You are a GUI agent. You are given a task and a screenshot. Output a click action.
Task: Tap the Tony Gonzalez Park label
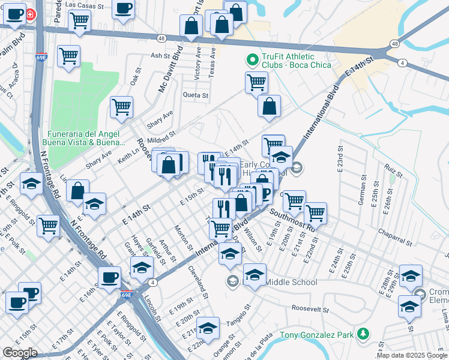(x=318, y=334)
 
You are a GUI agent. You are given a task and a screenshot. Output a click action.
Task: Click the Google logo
(x=20, y=353)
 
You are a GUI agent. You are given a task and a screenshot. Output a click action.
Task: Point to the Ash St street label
(x=161, y=55)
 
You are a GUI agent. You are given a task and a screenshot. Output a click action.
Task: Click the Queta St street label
(x=196, y=95)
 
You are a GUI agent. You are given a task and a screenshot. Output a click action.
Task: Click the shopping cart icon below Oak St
(x=121, y=107)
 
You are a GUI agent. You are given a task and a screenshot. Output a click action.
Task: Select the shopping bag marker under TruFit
(x=270, y=107)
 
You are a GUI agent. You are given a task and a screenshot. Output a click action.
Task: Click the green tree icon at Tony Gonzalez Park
(x=362, y=334)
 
